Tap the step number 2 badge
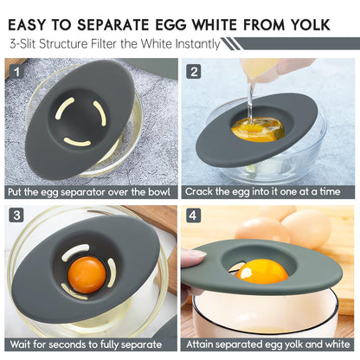click(195, 72)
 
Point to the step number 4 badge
click(195, 215)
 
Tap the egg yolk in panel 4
click(261, 272)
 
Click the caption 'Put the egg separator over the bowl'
click(90, 192)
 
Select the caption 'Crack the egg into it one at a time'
click(269, 192)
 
